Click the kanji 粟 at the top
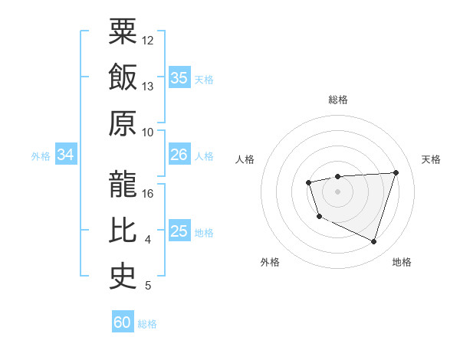tap(123, 32)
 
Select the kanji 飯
tap(123, 78)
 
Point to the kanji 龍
tap(123, 184)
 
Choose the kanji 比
tap(123, 231)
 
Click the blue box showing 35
tap(179, 78)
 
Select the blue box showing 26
tap(179, 155)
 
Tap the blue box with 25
tap(179, 231)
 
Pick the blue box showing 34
tap(65, 155)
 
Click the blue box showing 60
tap(123, 322)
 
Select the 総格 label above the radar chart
tap(337, 100)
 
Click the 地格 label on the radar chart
tap(402, 262)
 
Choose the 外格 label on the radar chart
tap(270, 262)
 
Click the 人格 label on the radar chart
tap(245, 159)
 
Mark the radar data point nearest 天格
tap(396, 172)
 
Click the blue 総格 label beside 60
tap(147, 324)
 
